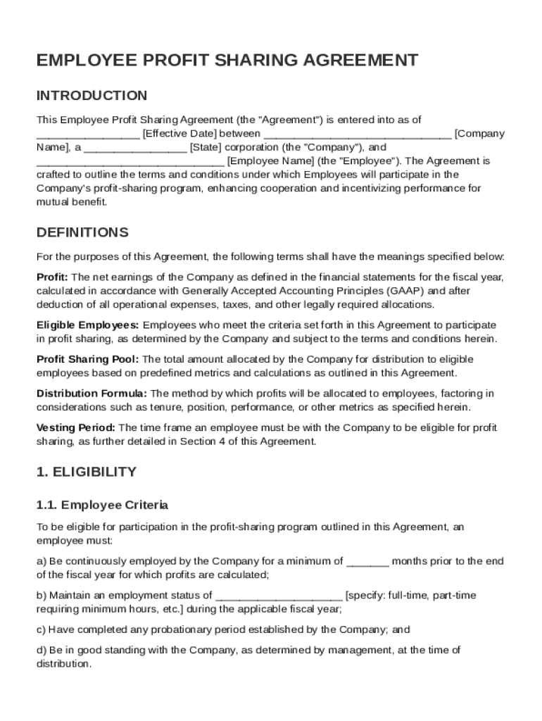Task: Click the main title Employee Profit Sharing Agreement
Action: [227, 61]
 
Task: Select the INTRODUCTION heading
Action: [92, 96]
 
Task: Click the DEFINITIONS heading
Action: [82, 232]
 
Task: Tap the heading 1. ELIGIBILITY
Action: [87, 472]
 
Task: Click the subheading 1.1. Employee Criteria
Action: [102, 505]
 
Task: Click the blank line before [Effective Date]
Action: [88, 134]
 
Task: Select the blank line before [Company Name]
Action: [358, 134]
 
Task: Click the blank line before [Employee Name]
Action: [130, 161]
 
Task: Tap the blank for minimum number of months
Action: [367, 562]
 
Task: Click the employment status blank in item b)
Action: [279, 596]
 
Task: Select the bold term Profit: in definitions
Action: [52, 277]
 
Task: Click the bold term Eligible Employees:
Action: [88, 325]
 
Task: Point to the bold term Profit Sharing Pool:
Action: [87, 359]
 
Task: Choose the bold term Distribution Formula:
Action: [92, 393]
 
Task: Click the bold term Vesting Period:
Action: [76, 427]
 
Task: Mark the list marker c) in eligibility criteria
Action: [41, 629]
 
